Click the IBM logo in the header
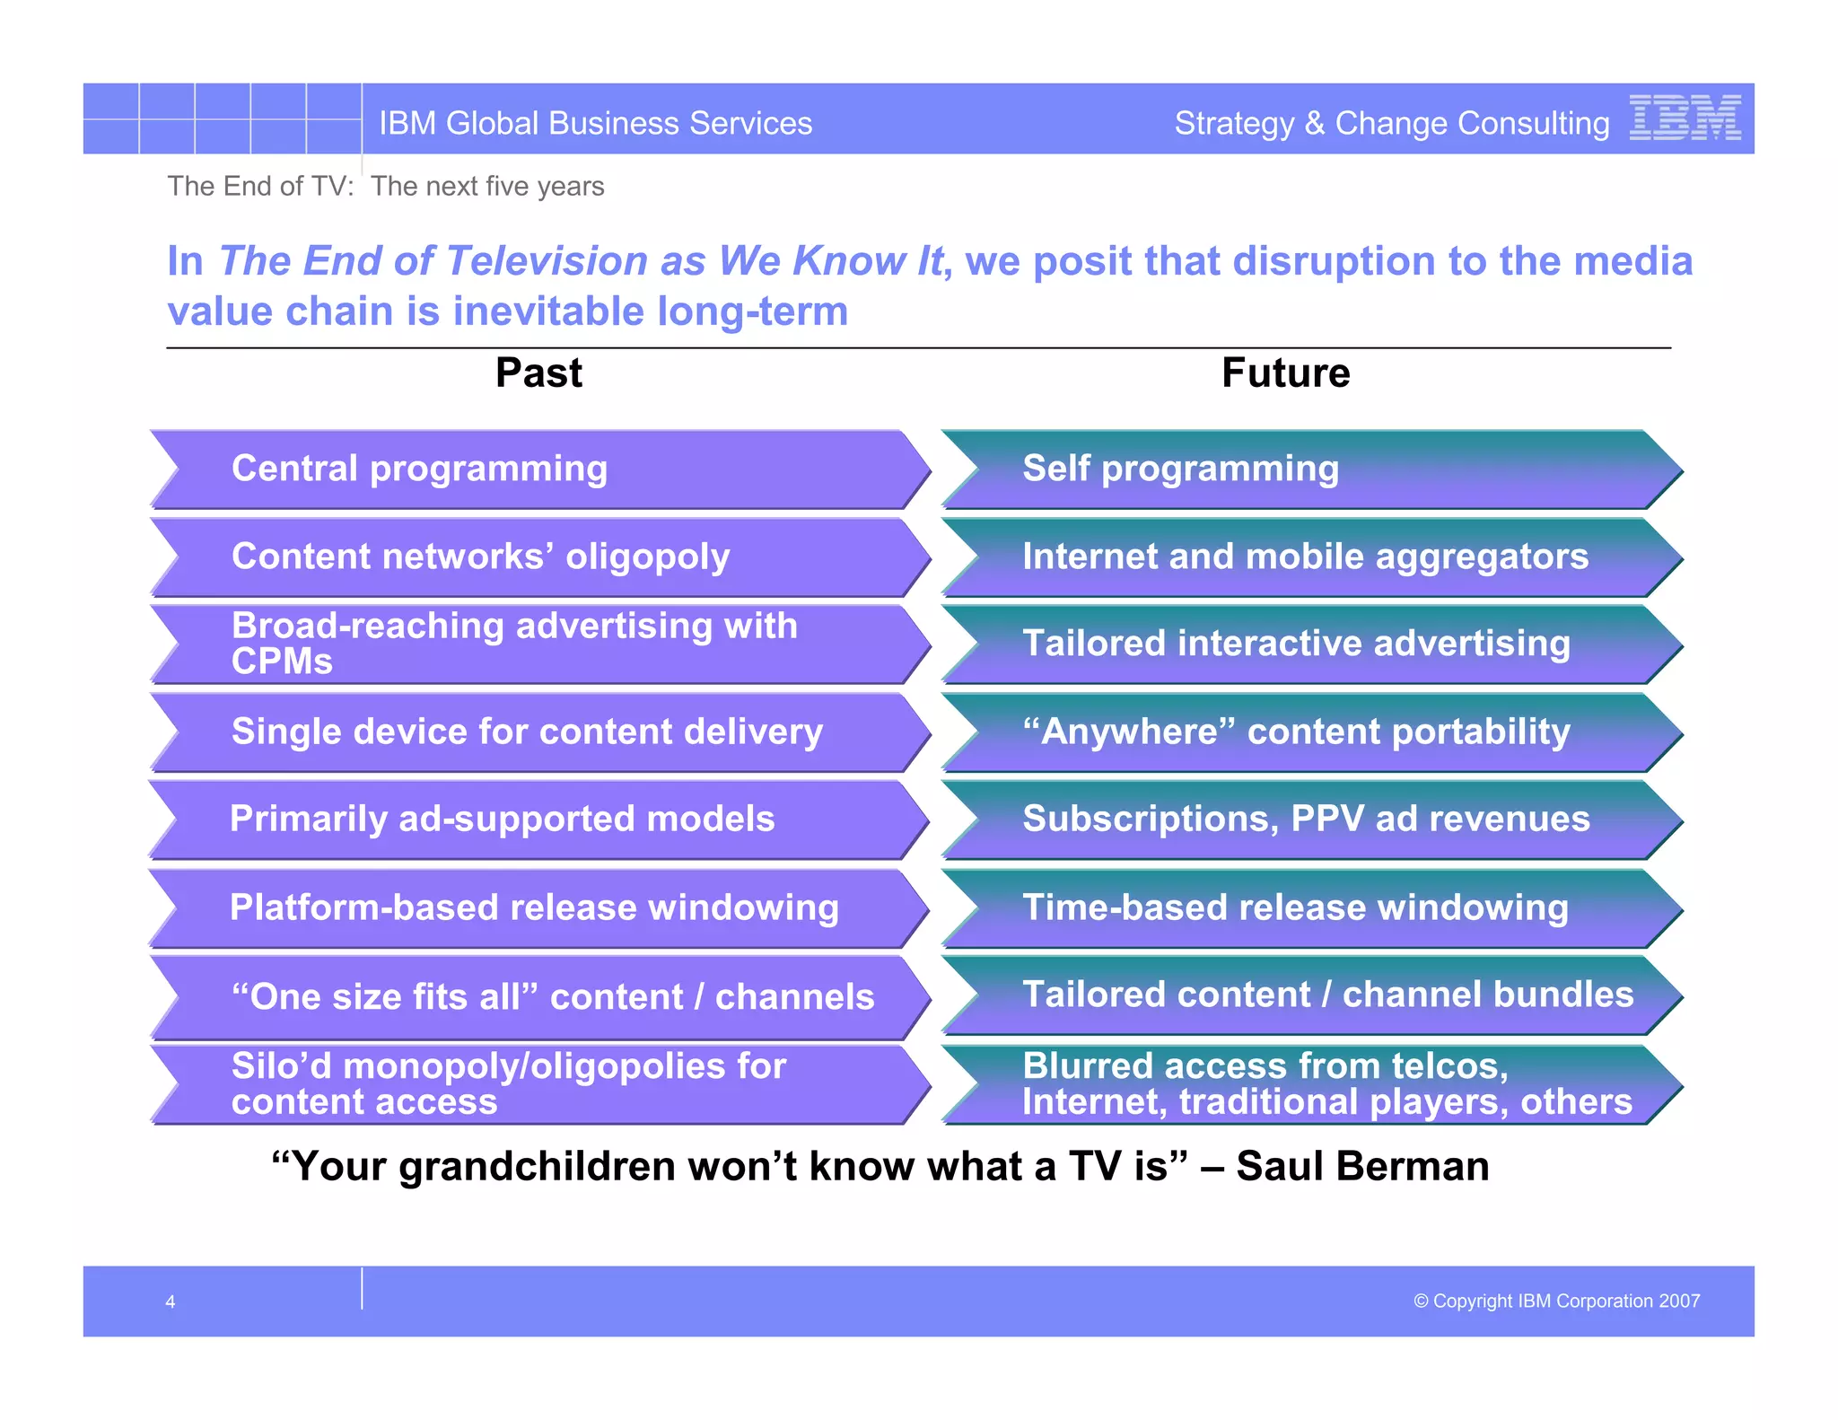point(1685,118)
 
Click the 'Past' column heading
point(538,373)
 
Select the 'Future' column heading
point(1285,373)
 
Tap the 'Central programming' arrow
point(538,469)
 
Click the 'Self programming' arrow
point(1310,469)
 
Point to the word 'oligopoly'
point(647,557)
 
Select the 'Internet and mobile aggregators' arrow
point(1310,557)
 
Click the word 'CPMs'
point(282,662)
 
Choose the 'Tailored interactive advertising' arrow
point(1310,644)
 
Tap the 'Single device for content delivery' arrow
point(538,732)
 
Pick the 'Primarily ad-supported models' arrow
point(538,819)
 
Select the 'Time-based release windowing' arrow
point(1310,907)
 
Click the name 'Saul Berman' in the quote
point(1361,1166)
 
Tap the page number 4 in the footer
point(171,1302)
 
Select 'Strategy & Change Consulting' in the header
point(1391,123)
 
